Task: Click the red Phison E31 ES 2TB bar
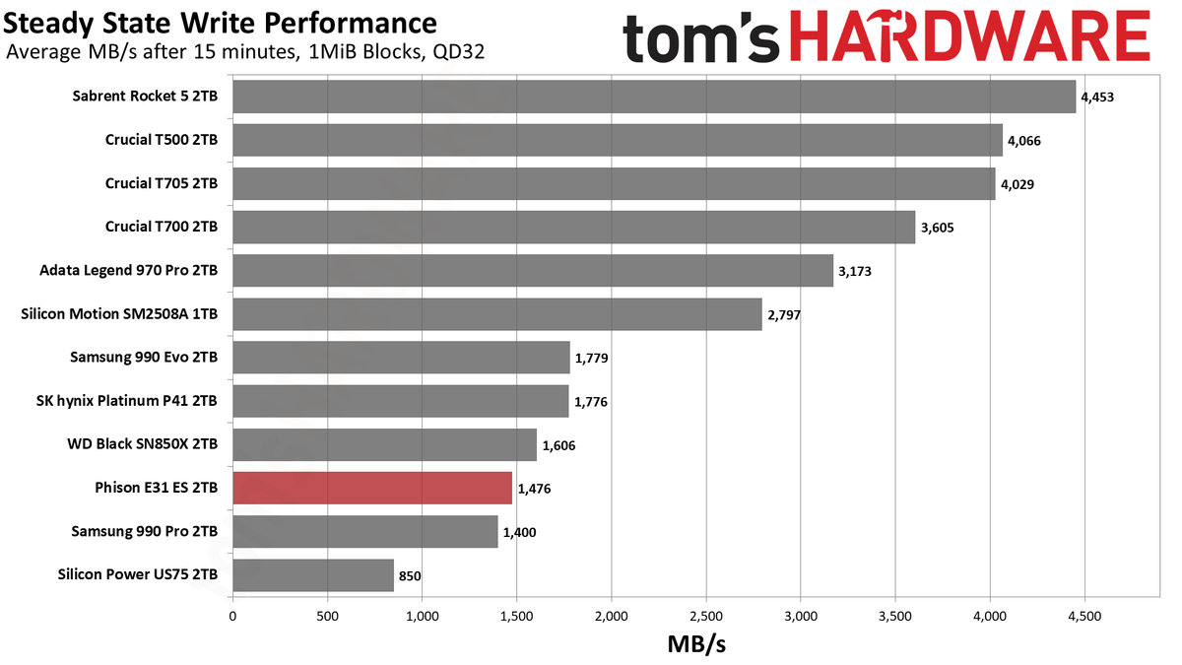click(372, 489)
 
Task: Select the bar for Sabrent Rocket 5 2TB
click(654, 97)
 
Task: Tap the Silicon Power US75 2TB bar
click(313, 575)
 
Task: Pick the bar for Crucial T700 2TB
click(574, 227)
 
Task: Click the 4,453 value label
click(1097, 98)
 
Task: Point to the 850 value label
click(410, 576)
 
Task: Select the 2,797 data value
click(784, 315)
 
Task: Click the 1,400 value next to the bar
click(520, 533)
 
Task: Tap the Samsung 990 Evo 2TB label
click(144, 358)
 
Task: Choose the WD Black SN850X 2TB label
click(143, 444)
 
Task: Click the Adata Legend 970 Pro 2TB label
click(129, 271)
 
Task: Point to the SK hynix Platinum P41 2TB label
click(127, 401)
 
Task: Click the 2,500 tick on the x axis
click(706, 617)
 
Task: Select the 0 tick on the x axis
click(232, 617)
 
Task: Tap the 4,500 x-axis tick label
click(1084, 617)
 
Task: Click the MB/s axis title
click(696, 644)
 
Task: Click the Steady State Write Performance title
click(220, 24)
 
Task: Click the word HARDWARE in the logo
click(970, 36)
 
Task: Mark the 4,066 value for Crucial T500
click(1024, 142)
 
